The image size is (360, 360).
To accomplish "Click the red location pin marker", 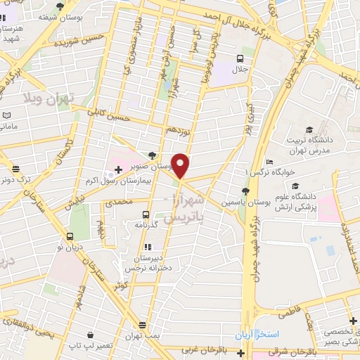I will point(181,166).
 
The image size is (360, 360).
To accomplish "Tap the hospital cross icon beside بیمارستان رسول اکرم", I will point(118,170).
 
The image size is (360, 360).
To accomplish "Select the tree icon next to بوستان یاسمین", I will point(244,191).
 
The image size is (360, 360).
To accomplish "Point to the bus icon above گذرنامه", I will point(146,214).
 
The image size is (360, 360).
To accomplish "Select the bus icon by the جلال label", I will point(241,59).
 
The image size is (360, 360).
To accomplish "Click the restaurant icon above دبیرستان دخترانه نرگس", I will point(147,247).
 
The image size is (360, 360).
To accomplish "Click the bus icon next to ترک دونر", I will point(15,168).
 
